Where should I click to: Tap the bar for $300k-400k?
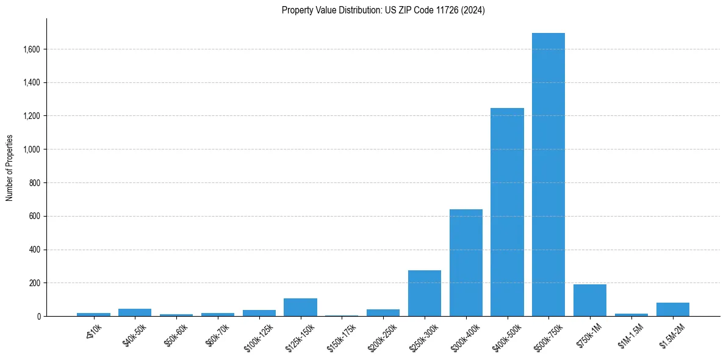pos(466,263)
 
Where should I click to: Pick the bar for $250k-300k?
pos(425,293)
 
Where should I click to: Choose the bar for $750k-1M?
pos(590,301)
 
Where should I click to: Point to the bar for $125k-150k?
pos(300,308)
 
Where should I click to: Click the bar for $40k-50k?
pos(135,312)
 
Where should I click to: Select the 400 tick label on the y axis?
pos(34,250)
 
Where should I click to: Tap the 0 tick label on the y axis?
pos(38,317)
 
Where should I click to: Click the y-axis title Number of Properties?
pos(10,167)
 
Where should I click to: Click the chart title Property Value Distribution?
pos(383,10)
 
